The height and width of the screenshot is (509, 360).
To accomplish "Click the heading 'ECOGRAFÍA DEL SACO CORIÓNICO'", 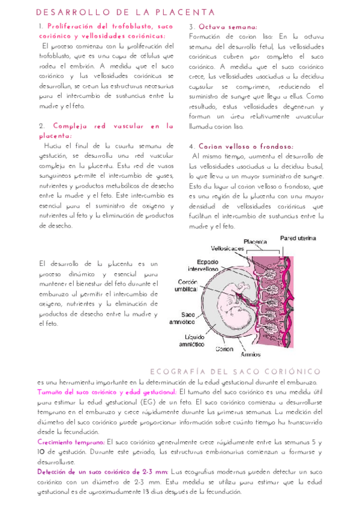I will point(235,372).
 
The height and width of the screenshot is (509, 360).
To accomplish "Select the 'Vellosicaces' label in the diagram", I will point(226,248).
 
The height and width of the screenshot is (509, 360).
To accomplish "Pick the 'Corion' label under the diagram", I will point(224,349).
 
